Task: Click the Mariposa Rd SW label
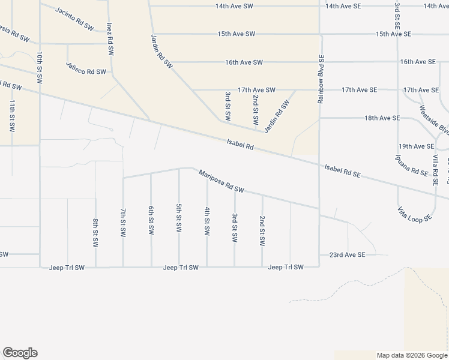tap(222, 181)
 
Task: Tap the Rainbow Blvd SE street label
tap(321, 80)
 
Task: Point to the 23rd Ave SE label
tap(347, 254)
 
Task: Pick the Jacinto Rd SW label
tap(75, 19)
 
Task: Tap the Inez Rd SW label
tap(110, 40)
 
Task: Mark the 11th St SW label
tap(11, 116)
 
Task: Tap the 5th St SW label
tap(179, 218)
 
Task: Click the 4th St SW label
tap(206, 221)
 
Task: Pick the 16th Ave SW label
tap(244, 62)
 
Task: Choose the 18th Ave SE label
tap(382, 118)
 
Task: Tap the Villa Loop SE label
tap(414, 214)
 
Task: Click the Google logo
tap(20, 353)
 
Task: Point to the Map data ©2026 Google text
tap(411, 355)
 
